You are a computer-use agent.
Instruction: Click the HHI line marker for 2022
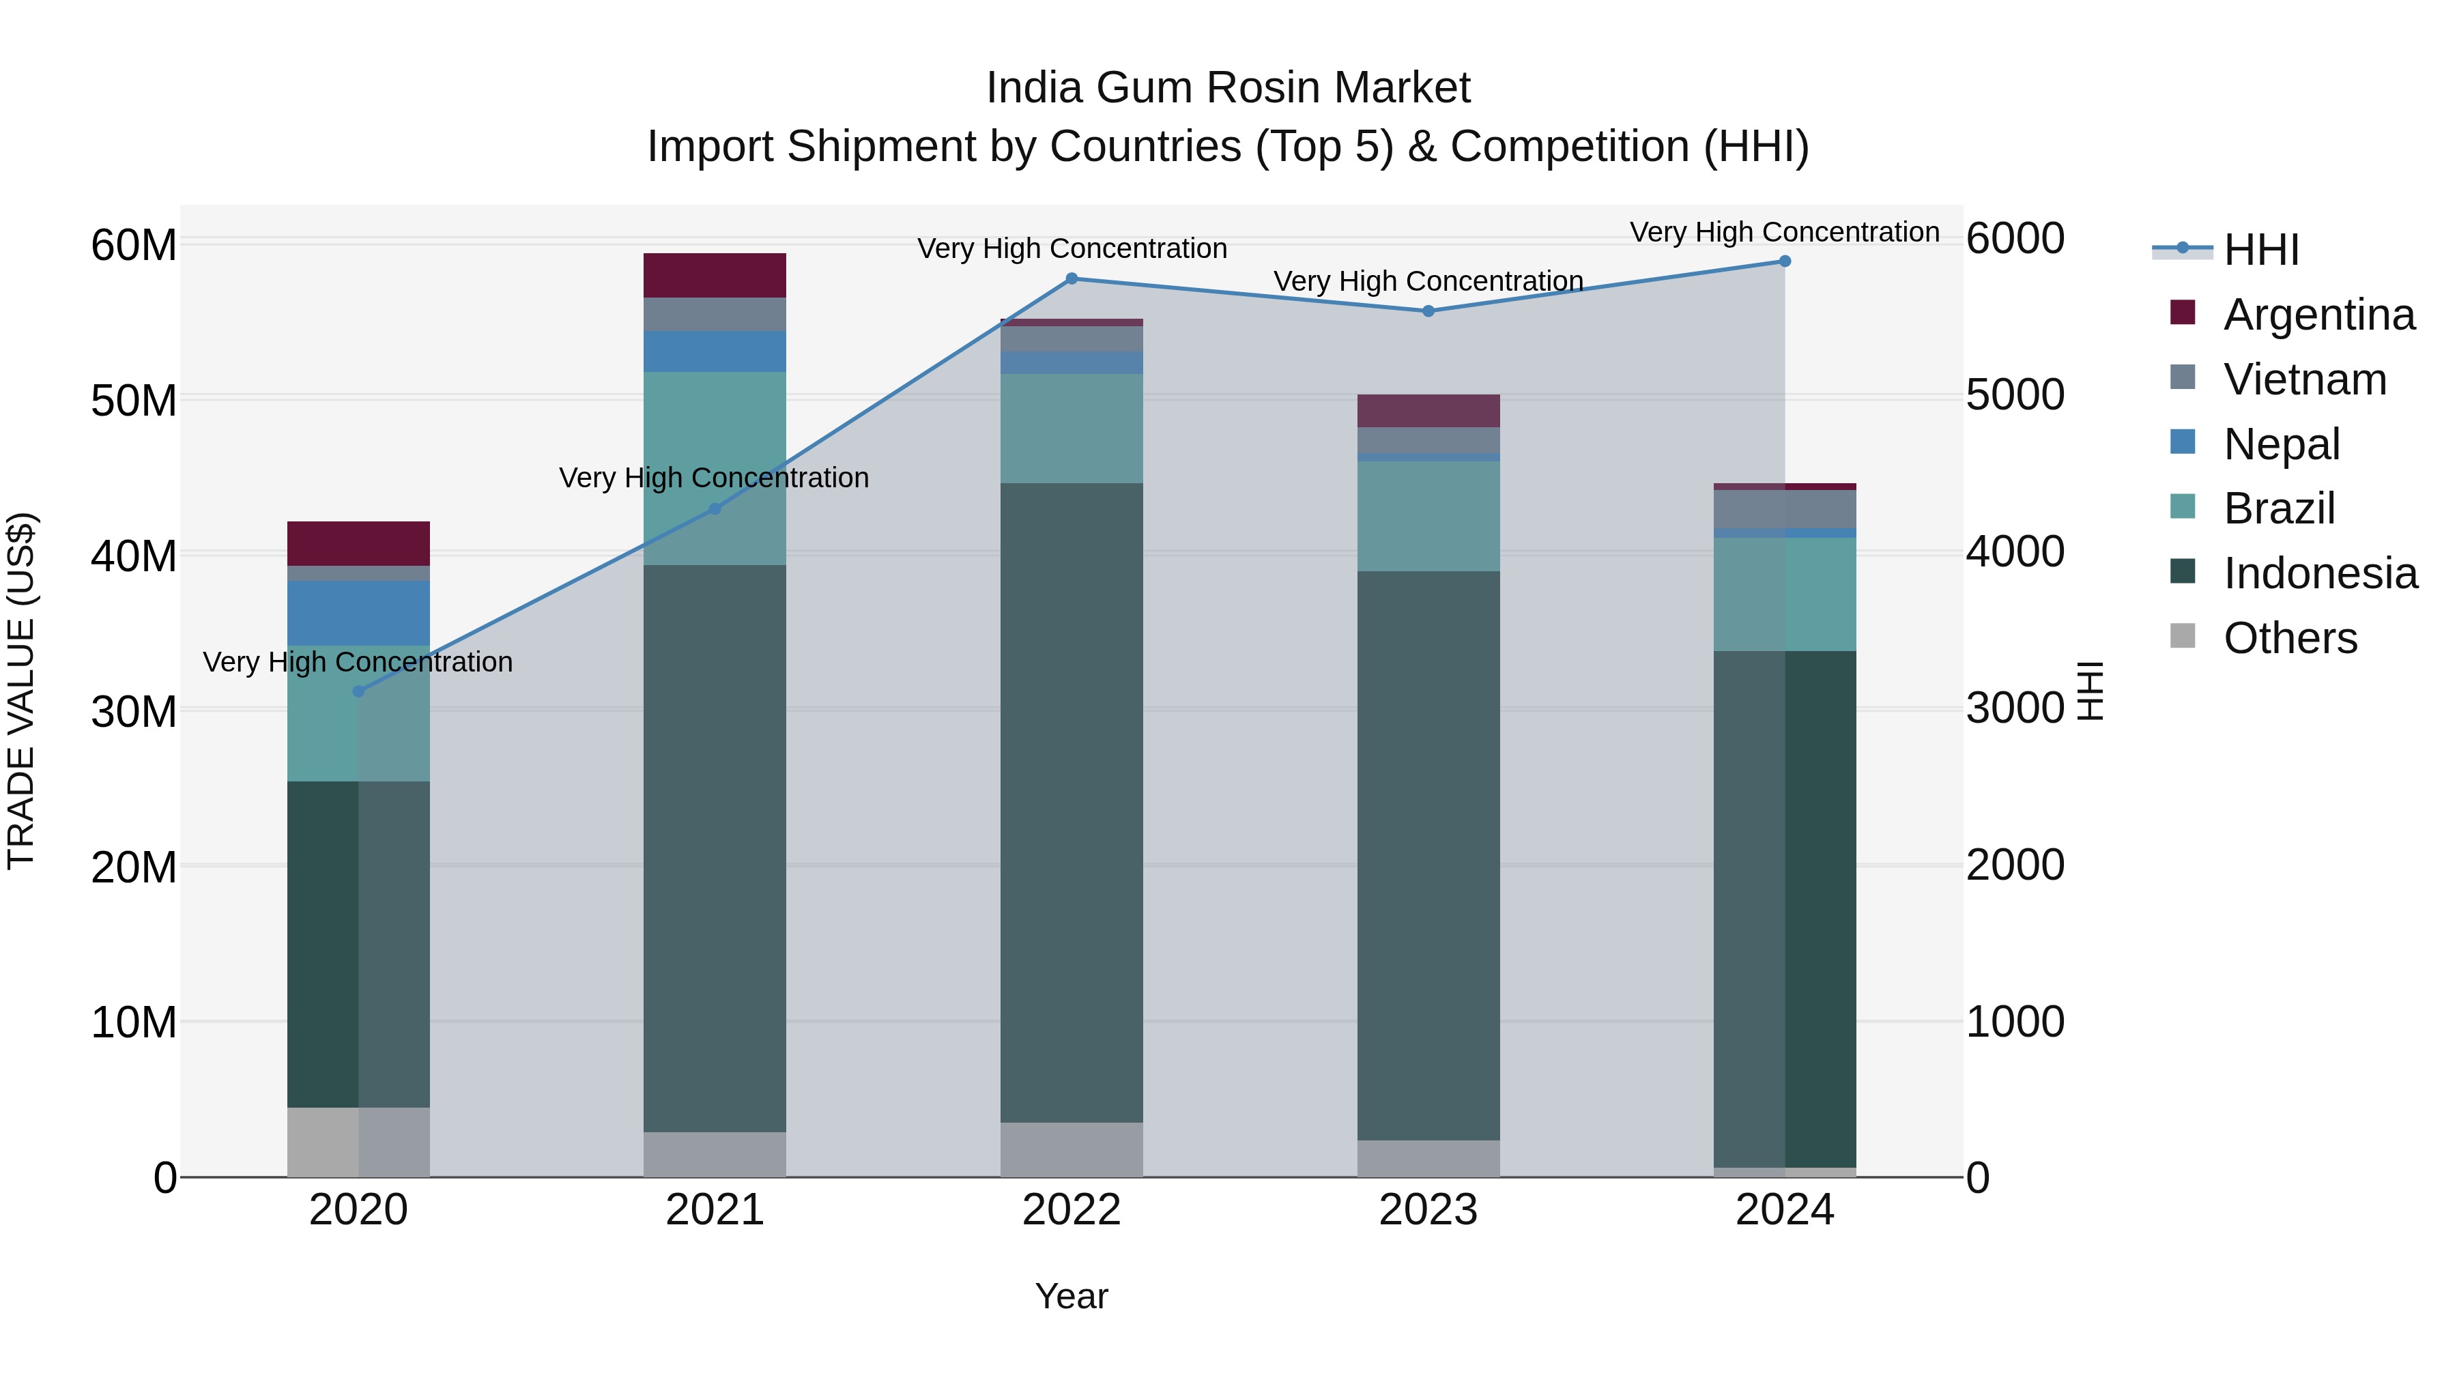pyautogui.click(x=1071, y=278)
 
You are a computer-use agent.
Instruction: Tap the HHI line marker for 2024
pyautogui.click(x=1785, y=261)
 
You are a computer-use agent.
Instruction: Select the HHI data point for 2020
pyautogui.click(x=358, y=691)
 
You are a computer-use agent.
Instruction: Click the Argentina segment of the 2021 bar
pyautogui.click(x=715, y=276)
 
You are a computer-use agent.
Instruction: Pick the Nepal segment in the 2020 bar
pyautogui.click(x=358, y=614)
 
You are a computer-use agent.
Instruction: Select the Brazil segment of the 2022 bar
pyautogui.click(x=1071, y=428)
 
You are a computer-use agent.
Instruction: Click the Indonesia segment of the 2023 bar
pyautogui.click(x=1428, y=856)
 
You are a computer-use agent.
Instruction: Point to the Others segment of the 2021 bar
pyautogui.click(x=715, y=1154)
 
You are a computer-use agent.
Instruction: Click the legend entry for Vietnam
pyautogui.click(x=2304, y=379)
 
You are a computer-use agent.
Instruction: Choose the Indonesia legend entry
pyautogui.click(x=2320, y=574)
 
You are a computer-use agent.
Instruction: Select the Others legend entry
pyautogui.click(x=2289, y=639)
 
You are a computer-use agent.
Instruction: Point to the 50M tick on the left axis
pyautogui.click(x=134, y=401)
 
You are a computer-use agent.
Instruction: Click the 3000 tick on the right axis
pyautogui.click(x=2015, y=708)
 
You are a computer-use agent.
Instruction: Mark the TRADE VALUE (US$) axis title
pyautogui.click(x=21, y=691)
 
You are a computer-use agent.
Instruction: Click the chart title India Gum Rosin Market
pyautogui.click(x=1228, y=88)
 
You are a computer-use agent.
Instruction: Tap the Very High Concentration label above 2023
pyautogui.click(x=1428, y=281)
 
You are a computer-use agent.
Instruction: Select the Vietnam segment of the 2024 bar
pyautogui.click(x=1785, y=509)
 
